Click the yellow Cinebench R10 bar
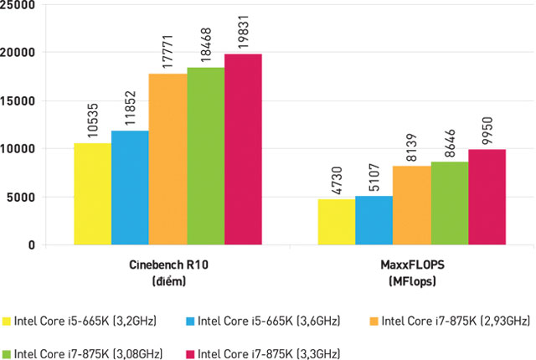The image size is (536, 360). click(x=92, y=194)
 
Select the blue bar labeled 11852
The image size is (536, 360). click(x=130, y=188)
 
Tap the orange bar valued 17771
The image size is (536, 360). click(x=167, y=160)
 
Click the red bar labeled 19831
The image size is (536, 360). click(x=243, y=150)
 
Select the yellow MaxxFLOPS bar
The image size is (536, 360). click(x=336, y=222)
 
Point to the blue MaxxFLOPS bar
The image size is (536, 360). click(x=374, y=220)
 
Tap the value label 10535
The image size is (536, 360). click(x=93, y=121)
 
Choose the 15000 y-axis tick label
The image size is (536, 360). click(x=21, y=101)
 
